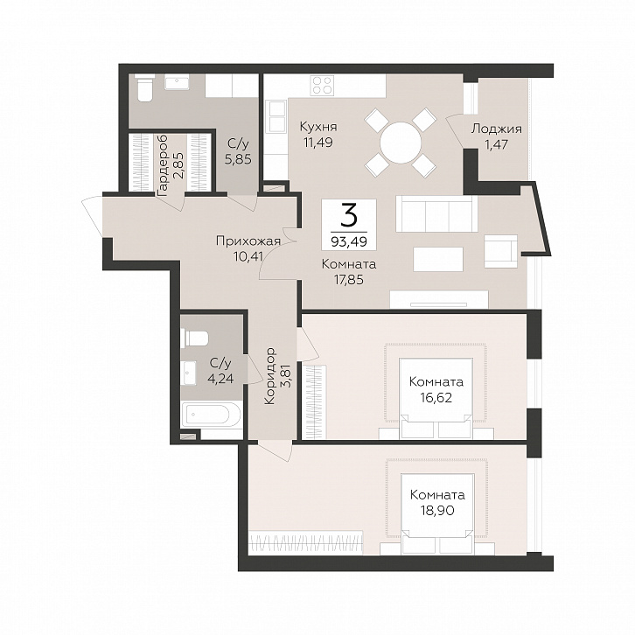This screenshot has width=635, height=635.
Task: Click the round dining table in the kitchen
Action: click(401, 143)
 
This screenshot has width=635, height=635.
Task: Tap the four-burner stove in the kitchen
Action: click(322, 86)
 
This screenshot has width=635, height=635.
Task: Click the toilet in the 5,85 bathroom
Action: click(143, 89)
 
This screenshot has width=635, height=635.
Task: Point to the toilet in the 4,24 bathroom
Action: click(197, 338)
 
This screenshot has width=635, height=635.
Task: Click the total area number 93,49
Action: click(349, 241)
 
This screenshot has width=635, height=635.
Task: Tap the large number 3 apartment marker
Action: click(349, 215)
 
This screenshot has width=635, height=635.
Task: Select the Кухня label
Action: click(318, 127)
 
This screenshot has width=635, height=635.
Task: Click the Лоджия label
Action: click(497, 129)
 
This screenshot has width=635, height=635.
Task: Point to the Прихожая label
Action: click(248, 241)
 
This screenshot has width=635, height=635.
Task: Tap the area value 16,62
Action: click(436, 398)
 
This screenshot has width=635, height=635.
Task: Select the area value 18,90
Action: click(437, 510)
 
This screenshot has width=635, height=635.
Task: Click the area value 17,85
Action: click(347, 279)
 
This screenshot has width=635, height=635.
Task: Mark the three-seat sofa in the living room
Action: click(436, 213)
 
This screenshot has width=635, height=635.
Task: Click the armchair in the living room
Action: click(501, 251)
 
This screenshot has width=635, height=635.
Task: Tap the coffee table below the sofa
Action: click(438, 259)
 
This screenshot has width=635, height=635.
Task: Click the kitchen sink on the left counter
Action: click(276, 116)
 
